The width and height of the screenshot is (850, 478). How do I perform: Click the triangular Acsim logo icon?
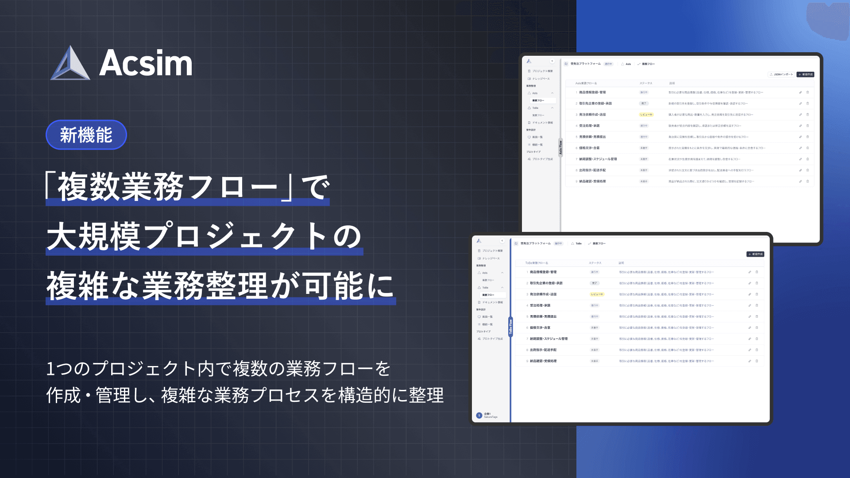(70, 65)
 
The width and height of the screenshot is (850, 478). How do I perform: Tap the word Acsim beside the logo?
(146, 64)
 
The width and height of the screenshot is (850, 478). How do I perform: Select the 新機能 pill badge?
(86, 135)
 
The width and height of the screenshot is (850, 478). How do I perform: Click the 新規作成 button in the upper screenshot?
(805, 74)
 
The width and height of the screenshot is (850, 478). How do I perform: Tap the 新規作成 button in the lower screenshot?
(755, 254)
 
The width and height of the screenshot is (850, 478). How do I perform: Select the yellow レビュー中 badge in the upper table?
(646, 115)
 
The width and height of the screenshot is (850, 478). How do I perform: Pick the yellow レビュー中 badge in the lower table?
(597, 294)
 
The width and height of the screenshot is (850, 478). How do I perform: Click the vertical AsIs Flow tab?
(560, 147)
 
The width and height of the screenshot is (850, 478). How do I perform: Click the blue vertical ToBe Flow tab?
(510, 327)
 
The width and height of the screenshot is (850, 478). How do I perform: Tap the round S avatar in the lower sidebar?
(479, 415)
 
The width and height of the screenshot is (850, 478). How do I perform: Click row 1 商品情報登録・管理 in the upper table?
(592, 93)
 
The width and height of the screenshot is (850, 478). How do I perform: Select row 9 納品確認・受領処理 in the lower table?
(543, 361)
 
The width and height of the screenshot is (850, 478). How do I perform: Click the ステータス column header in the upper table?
(645, 83)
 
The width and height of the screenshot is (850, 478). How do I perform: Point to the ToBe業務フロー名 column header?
(537, 263)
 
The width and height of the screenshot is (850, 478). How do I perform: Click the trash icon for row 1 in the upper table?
(807, 93)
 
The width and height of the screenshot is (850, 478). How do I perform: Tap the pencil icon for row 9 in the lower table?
(750, 361)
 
